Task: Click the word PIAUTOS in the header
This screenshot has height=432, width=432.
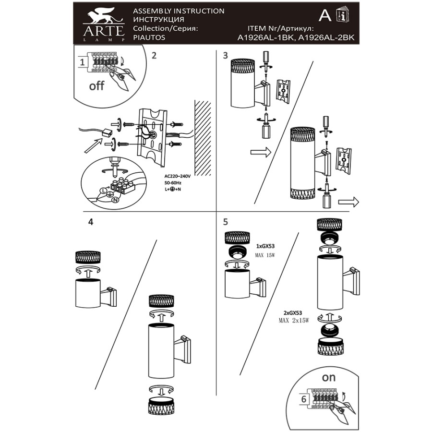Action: click(x=149, y=37)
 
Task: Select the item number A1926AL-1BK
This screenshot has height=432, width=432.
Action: click(x=265, y=38)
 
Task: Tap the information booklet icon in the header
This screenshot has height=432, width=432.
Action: click(x=343, y=14)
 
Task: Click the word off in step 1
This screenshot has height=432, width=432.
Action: click(x=96, y=86)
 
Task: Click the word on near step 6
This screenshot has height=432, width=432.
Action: click(x=329, y=377)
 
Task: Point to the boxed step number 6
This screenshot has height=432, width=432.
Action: click(x=304, y=399)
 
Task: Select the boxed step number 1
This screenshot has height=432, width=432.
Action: click(x=82, y=62)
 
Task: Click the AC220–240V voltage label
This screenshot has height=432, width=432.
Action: click(x=178, y=176)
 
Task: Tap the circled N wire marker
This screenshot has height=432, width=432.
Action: click(x=115, y=200)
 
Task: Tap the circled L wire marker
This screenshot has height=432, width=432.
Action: click(x=103, y=191)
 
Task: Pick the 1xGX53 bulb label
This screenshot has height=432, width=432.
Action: click(x=265, y=246)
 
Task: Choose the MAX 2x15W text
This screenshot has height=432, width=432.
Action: click(x=294, y=321)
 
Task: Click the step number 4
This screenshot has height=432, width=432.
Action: click(x=91, y=222)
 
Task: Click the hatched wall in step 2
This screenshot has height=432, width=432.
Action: click(x=203, y=138)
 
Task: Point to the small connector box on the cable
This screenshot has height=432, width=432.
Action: click(x=107, y=134)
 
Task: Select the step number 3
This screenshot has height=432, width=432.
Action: click(x=226, y=55)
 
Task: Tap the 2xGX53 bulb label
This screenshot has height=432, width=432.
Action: click(x=293, y=313)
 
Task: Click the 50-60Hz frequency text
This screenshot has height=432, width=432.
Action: click(x=173, y=183)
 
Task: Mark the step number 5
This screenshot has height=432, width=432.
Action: click(x=226, y=222)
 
